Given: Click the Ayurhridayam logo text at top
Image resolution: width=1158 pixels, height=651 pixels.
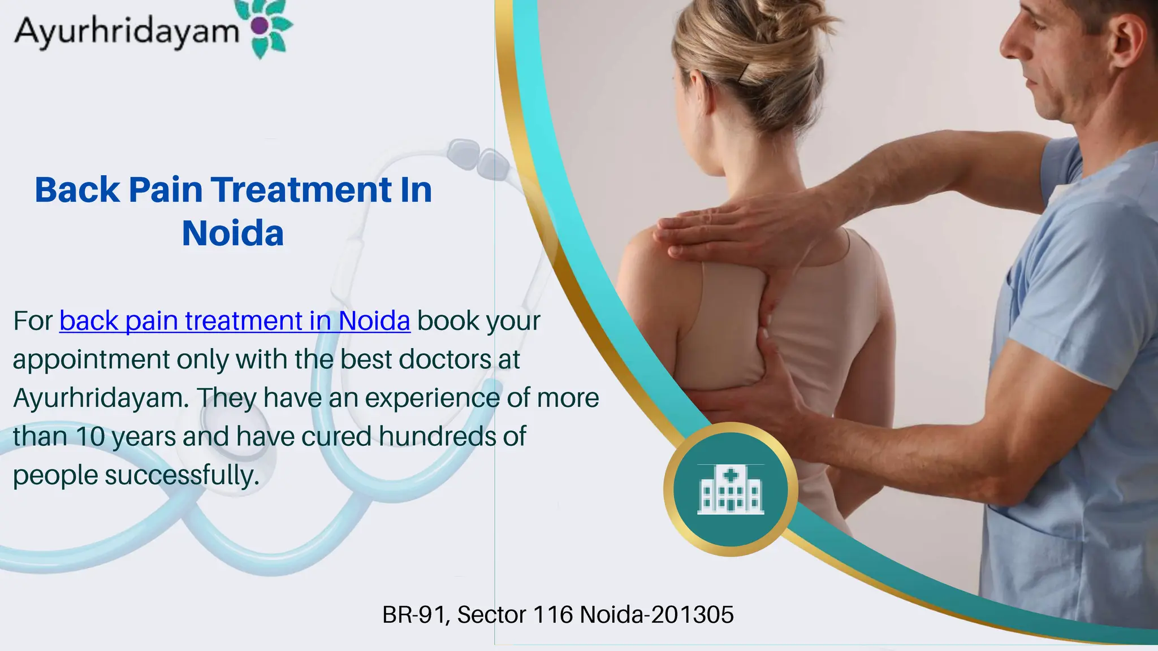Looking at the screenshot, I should (127, 31).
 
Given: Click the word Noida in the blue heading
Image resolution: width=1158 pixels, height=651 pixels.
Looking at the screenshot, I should (232, 233).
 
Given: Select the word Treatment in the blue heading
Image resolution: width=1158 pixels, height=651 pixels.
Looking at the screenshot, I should (301, 190).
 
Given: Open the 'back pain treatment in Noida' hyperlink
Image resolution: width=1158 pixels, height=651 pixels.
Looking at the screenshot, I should (235, 321).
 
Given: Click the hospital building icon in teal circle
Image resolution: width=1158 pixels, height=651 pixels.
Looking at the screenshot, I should (731, 489).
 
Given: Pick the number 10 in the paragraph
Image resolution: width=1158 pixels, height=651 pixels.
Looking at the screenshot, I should (90, 437).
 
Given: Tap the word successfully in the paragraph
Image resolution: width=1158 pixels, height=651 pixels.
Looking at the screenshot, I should (182, 475).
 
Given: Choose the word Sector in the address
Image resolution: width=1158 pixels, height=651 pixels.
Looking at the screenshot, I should (491, 615).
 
